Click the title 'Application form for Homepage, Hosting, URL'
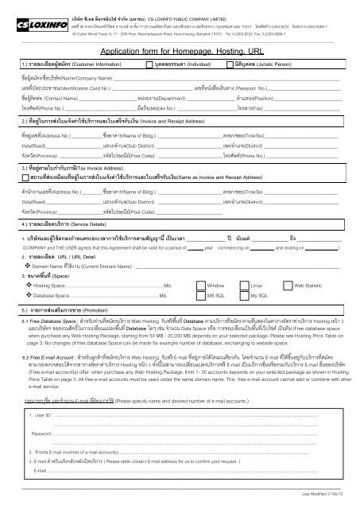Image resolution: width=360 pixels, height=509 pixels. click(180, 49)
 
